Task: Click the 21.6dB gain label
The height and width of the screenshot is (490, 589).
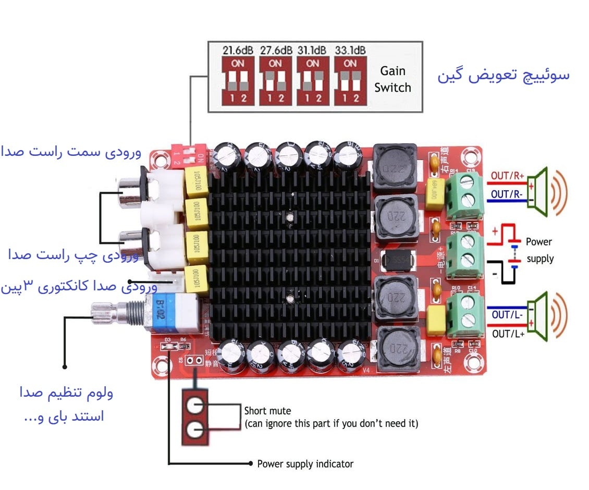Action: pyautogui.click(x=238, y=51)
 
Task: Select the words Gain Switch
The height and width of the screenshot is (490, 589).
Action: pyautogui.click(x=392, y=79)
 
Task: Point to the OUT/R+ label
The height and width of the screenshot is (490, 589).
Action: pyautogui.click(x=507, y=176)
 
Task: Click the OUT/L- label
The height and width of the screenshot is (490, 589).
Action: pyautogui.click(x=507, y=315)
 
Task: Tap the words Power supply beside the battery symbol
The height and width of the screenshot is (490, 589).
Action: pyautogui.click(x=539, y=250)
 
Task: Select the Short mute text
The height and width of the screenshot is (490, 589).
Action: pyautogui.click(x=267, y=410)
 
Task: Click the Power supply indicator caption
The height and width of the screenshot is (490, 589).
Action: pyautogui.click(x=305, y=463)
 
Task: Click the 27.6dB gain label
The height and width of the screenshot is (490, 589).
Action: pyautogui.click(x=276, y=51)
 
